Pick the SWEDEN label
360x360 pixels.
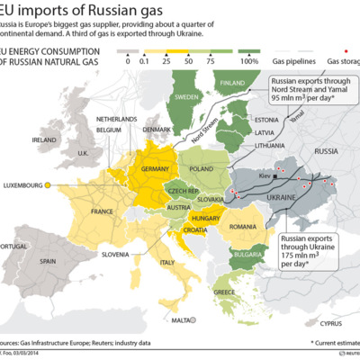pos(186,95)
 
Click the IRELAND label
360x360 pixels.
pos(44,140)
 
